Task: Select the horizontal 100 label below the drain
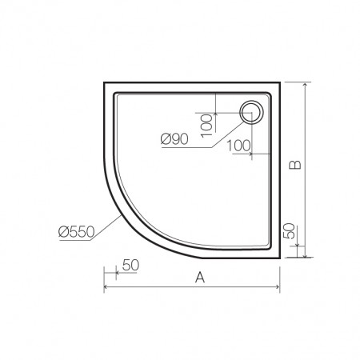point(239,146)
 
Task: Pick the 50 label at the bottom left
point(131,264)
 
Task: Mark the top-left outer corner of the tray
point(105,82)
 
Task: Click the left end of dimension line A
point(104,288)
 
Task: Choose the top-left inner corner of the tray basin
point(117,94)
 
